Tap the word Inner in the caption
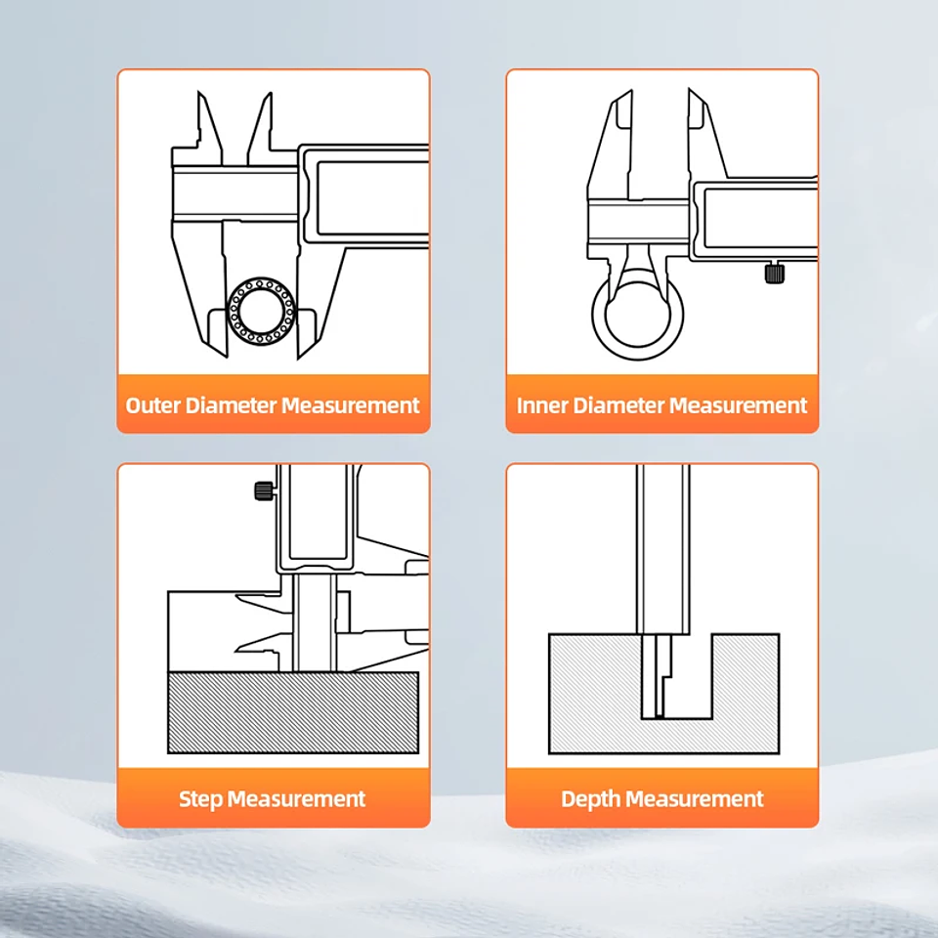coord(541,405)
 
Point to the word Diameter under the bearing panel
coord(231,405)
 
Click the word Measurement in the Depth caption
coord(695,799)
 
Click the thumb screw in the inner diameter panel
coord(775,273)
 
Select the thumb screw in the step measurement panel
coord(265,491)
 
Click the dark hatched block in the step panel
coord(293,712)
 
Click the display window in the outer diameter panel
coord(372,197)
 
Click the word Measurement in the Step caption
coord(297,799)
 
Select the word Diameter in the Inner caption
coord(618,405)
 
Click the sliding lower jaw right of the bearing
coord(320,299)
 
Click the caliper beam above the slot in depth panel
coord(663,549)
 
